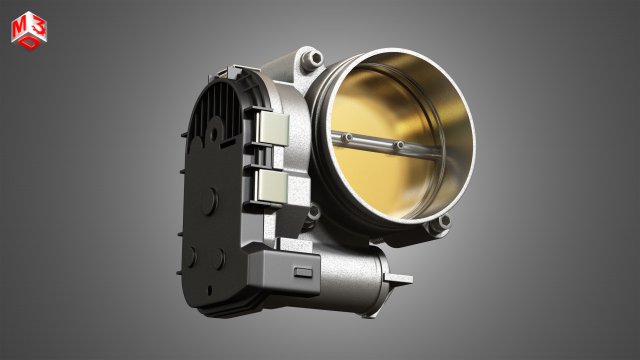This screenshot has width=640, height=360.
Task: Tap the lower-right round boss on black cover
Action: click(x=218, y=257)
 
